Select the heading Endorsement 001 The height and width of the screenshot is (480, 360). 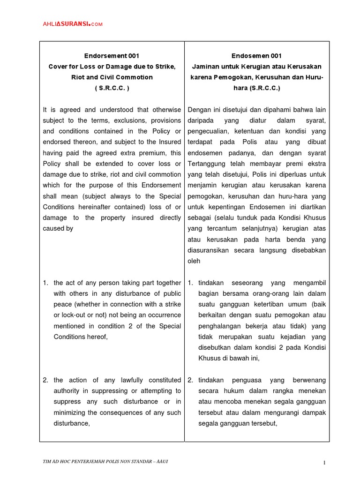112,56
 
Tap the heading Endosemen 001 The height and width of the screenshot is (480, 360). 256,56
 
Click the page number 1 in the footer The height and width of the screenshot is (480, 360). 324,463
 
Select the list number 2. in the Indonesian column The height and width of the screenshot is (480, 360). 190,380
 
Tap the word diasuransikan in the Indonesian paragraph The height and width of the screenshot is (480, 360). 210,250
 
